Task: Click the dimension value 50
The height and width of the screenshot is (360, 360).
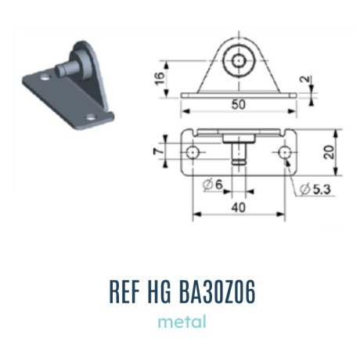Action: point(239,104)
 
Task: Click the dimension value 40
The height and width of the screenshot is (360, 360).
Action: point(239,207)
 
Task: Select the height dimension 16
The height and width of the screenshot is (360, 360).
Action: point(160,77)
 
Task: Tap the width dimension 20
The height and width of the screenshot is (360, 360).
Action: point(329,152)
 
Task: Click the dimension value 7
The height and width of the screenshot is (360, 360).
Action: point(158,151)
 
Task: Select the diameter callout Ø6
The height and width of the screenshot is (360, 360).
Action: point(213,185)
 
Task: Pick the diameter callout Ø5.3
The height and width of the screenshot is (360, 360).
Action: point(315,189)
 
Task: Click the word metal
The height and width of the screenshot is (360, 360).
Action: point(182,322)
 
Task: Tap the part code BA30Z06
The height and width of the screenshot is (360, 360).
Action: point(218,292)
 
